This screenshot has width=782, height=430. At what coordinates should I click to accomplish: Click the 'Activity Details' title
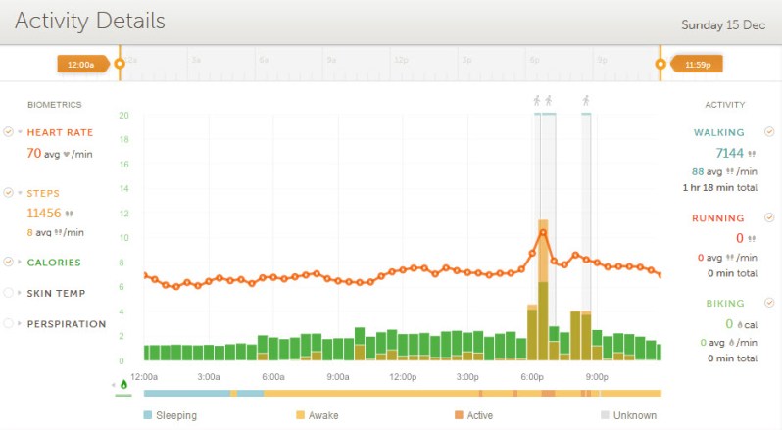90,21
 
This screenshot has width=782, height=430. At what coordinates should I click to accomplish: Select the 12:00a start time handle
77,65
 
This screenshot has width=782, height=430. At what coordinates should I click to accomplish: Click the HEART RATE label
59,132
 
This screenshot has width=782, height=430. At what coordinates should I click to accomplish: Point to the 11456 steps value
44,212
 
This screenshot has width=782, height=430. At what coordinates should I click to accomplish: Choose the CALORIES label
54,263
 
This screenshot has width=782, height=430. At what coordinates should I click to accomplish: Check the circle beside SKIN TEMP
9,293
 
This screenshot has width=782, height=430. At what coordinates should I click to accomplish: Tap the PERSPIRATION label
66,324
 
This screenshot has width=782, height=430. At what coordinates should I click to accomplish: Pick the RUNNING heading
717,218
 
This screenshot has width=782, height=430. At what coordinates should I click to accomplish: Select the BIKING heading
720,304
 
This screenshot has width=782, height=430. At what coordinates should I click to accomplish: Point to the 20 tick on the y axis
123,116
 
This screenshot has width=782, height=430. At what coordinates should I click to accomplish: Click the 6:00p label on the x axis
533,376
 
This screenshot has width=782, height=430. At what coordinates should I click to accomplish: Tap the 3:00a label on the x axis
208,376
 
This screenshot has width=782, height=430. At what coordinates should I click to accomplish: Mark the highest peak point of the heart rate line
542,233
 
